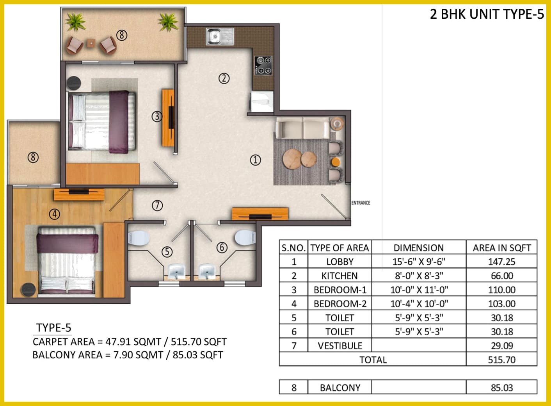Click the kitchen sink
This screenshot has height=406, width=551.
click(220, 36)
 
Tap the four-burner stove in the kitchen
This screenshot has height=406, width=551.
click(263, 66)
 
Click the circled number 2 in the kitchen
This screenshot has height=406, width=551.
click(224, 78)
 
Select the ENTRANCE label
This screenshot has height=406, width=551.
click(361, 203)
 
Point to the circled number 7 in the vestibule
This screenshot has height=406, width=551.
click(157, 205)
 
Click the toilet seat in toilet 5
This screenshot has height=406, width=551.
click(139, 238)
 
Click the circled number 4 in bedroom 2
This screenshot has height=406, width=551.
click(54, 214)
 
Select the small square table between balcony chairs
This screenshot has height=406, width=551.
click(91, 44)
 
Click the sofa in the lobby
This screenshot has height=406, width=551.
click(303, 128)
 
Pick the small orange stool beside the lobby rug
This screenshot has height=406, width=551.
click(336, 162)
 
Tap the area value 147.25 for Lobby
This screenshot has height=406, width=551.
click(501, 262)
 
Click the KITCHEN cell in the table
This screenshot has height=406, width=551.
click(339, 276)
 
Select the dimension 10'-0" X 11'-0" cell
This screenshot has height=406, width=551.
click(419, 290)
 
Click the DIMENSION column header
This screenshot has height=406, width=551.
click(419, 248)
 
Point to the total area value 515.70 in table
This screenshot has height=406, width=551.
click(502, 360)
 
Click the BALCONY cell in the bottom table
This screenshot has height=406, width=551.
click(340, 388)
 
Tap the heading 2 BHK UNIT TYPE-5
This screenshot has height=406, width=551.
click(487, 14)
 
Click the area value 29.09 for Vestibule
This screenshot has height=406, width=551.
click(501, 346)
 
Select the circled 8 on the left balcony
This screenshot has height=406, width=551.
click(33, 157)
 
